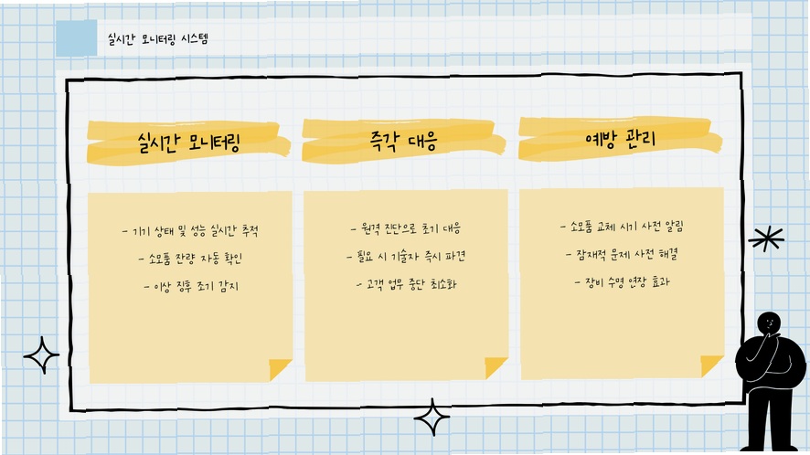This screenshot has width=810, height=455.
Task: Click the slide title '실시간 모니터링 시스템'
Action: pyautogui.click(x=157, y=38)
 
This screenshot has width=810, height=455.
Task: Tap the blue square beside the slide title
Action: pyautogui.click(x=77, y=37)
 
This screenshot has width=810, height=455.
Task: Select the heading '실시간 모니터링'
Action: pyautogui.click(x=189, y=143)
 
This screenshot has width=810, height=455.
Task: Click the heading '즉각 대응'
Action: pyautogui.click(x=404, y=141)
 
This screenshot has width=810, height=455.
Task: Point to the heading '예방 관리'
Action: pyautogui.click(x=621, y=138)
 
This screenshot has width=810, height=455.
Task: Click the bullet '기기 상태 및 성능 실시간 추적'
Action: pyautogui.click(x=190, y=231)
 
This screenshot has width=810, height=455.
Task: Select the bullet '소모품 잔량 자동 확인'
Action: pyautogui.click(x=190, y=259)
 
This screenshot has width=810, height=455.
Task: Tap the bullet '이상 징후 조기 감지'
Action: pyautogui.click(x=191, y=286)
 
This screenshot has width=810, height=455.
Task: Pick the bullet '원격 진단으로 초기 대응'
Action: pyautogui.click(x=406, y=228)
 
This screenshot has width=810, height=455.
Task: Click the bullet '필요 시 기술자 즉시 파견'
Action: pyautogui.click(x=406, y=256)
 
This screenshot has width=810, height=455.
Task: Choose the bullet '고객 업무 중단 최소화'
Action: pyautogui.click(x=407, y=284)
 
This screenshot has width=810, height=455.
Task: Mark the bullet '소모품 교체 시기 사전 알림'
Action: pyautogui.click(x=622, y=227)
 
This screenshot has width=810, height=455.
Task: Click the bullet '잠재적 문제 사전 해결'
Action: pyautogui.click(x=622, y=254)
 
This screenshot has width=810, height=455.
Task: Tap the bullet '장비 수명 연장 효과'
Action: pyautogui.click(x=622, y=282)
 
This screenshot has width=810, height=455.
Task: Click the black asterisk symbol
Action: pyautogui.click(x=766, y=238)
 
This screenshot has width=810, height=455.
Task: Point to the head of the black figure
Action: pyautogui.click(x=769, y=324)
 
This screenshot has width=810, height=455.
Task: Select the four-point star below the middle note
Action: pyautogui.click(x=432, y=418)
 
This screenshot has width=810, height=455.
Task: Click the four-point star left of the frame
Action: pyautogui.click(x=41, y=355)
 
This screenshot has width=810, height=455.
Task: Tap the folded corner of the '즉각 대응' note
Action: pyautogui.click(x=495, y=367)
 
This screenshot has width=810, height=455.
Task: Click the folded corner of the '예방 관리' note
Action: pyautogui.click(x=711, y=365)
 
